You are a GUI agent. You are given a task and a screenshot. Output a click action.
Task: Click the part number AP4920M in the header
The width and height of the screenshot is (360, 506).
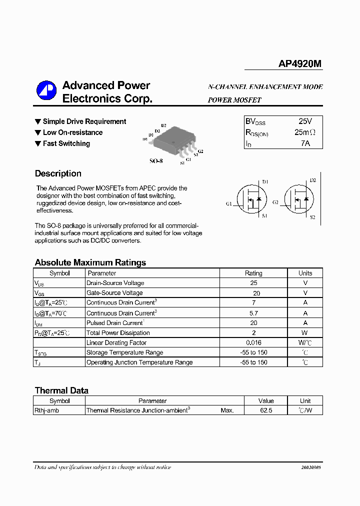[300, 64]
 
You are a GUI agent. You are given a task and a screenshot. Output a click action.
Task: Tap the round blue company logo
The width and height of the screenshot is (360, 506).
[46, 90]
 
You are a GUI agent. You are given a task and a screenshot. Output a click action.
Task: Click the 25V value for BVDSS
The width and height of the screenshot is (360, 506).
[305, 121]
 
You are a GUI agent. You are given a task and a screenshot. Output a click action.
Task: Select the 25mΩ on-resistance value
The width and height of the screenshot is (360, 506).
[305, 132]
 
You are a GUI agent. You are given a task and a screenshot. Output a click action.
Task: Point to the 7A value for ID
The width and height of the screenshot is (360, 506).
[305, 143]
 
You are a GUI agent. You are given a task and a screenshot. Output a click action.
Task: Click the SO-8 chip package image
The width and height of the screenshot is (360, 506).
[173, 140]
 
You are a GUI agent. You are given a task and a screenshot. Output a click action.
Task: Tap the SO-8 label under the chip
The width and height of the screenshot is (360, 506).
[156, 161]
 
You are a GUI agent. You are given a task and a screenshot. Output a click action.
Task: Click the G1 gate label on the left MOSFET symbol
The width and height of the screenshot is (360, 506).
[228, 203]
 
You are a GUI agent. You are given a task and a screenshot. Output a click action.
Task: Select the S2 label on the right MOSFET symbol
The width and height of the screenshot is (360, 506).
[312, 217]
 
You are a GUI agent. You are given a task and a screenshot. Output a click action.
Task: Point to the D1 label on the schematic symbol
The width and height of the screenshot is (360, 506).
[265, 181]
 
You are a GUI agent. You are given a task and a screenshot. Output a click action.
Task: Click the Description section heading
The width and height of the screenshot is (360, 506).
[58, 173]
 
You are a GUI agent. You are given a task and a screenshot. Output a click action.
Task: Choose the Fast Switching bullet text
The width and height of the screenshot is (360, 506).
[66, 143]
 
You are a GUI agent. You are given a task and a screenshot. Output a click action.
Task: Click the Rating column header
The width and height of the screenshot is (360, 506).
[253, 273]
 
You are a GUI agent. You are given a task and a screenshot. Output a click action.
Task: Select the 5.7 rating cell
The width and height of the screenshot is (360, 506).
[253, 313]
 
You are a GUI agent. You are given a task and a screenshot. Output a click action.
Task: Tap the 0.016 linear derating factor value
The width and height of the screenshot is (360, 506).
[253, 342]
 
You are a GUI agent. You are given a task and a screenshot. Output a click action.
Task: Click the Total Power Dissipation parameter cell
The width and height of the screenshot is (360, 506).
[118, 333]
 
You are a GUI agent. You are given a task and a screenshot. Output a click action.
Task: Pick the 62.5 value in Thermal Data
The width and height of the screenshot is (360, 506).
[266, 410]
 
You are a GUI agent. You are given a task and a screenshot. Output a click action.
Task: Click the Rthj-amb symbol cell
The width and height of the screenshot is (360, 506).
[46, 410]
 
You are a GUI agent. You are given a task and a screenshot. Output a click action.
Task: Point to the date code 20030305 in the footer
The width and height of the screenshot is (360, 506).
[311, 467]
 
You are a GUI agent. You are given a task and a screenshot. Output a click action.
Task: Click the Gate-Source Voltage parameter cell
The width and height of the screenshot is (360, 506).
[114, 293]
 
